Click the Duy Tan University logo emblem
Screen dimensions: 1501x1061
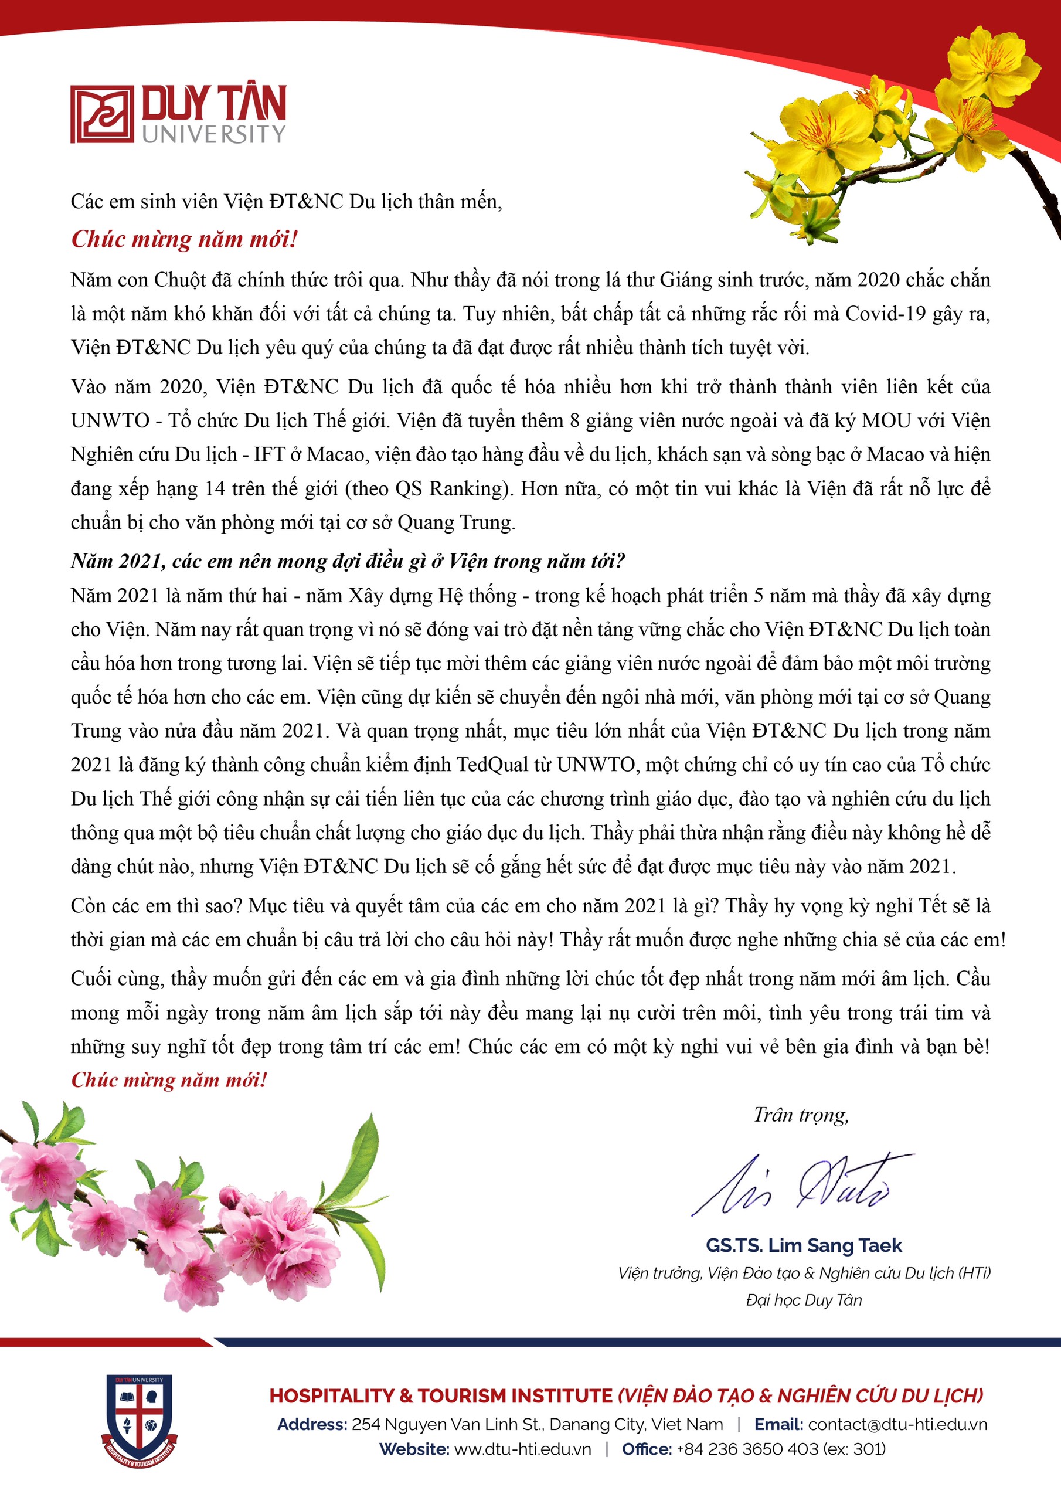click(x=102, y=114)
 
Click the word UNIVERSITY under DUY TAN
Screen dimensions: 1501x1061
click(x=215, y=134)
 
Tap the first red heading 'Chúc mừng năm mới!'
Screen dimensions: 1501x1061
click(x=184, y=239)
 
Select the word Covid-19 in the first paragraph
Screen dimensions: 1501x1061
click(x=885, y=314)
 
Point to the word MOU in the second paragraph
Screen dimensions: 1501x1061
click(x=886, y=420)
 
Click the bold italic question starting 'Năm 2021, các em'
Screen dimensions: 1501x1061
click(x=348, y=561)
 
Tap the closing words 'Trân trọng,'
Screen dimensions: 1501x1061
click(x=801, y=1115)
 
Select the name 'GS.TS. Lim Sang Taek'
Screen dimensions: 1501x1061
click(x=804, y=1245)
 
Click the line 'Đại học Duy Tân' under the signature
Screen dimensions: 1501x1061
click(x=804, y=1300)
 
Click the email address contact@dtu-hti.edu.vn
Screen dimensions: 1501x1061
click(x=897, y=1425)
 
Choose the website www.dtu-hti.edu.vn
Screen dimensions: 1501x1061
click(x=522, y=1449)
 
